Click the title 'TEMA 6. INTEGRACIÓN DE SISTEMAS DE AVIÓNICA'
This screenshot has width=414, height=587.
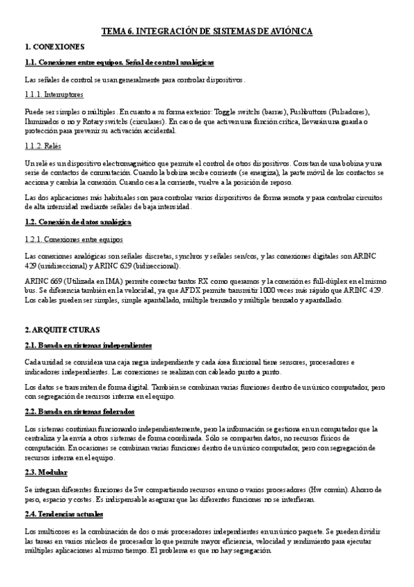pyautogui.click(x=207, y=32)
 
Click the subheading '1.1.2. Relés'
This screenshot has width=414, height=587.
pyautogui.click(x=44, y=146)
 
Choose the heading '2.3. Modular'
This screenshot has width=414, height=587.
pyautogui.click(x=46, y=473)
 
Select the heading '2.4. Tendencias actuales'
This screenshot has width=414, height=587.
pyautogui.click(x=64, y=515)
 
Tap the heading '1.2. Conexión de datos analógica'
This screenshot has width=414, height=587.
pyautogui.click(x=77, y=222)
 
